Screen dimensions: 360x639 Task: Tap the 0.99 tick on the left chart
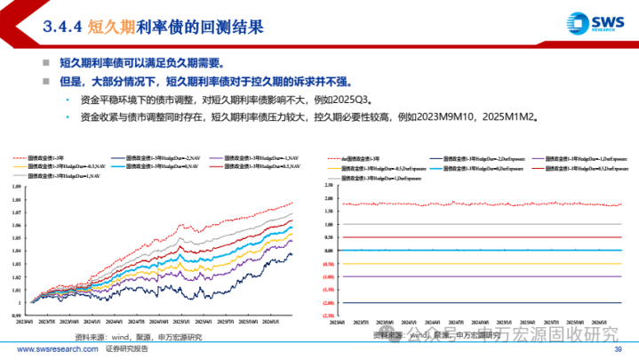coord(18,315)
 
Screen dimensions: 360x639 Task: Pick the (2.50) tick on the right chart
coord(328,315)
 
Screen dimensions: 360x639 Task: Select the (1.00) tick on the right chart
coord(328,276)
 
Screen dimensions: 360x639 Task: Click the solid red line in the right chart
coord(480,237)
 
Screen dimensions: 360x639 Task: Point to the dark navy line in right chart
coord(480,301)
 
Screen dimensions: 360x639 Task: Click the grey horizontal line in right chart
coord(480,224)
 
